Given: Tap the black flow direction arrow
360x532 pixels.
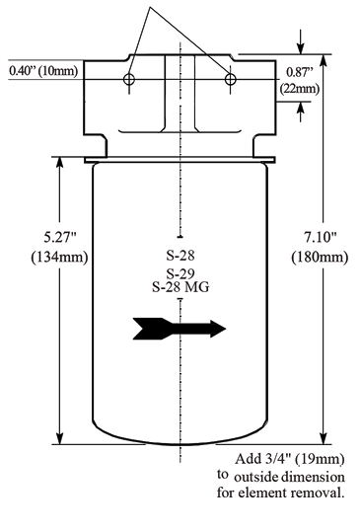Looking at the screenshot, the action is [180, 329].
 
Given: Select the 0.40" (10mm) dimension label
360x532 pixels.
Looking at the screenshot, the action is [43, 71].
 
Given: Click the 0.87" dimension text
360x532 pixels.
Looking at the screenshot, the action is [299, 72].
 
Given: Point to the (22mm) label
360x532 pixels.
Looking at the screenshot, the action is [300, 89].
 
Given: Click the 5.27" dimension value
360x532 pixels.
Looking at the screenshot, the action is [60, 237].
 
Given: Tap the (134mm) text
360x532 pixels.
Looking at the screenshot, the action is [59, 257].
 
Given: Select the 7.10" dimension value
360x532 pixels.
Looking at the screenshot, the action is [320, 237].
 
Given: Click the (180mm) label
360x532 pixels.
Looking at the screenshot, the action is [320, 257].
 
